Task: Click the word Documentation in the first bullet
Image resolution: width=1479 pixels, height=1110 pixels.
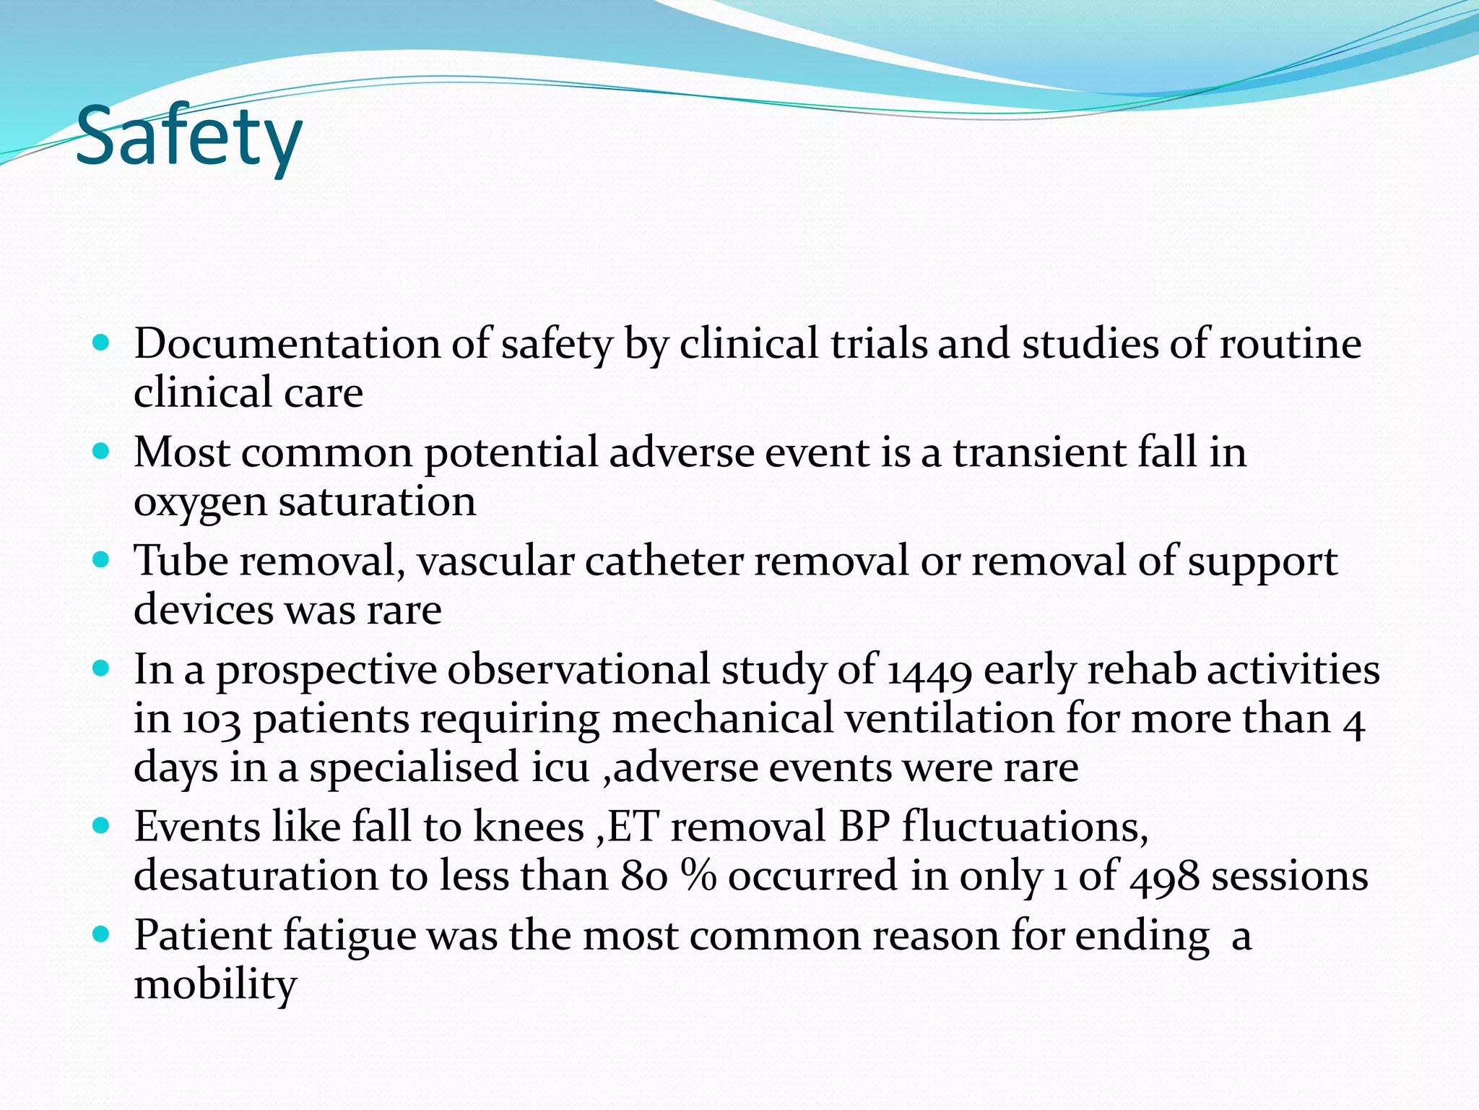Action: click(286, 343)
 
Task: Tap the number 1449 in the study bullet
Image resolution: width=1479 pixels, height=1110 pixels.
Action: click(929, 671)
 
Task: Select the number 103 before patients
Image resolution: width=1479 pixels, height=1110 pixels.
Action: click(211, 720)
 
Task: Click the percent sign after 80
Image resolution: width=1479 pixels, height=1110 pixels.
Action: click(698, 876)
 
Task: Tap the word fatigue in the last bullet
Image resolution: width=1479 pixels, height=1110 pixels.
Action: click(350, 935)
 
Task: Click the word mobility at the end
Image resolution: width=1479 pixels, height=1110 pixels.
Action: click(215, 984)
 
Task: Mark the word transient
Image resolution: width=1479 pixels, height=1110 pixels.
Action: click(1039, 452)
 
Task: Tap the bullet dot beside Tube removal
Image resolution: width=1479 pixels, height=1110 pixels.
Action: click(101, 560)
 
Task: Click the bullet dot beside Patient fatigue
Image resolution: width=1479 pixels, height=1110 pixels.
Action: click(101, 934)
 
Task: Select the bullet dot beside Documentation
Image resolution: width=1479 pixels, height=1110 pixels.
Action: click(101, 343)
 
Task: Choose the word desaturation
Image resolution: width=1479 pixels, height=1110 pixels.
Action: click(256, 876)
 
